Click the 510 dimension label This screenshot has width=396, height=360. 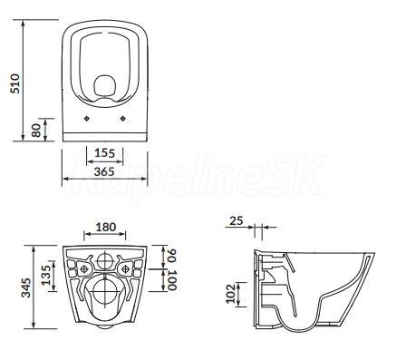(x=15, y=83)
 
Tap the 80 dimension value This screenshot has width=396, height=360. (x=36, y=131)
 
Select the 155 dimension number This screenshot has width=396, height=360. (x=105, y=153)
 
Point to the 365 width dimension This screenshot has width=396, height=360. (x=104, y=171)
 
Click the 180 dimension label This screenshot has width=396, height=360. (x=106, y=227)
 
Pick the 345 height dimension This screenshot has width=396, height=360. (x=26, y=287)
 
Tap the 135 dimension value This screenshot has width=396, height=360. (x=46, y=276)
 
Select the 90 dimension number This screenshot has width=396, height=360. (x=172, y=256)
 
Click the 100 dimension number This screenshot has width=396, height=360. (x=172, y=280)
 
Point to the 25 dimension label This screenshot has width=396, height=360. (x=236, y=220)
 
